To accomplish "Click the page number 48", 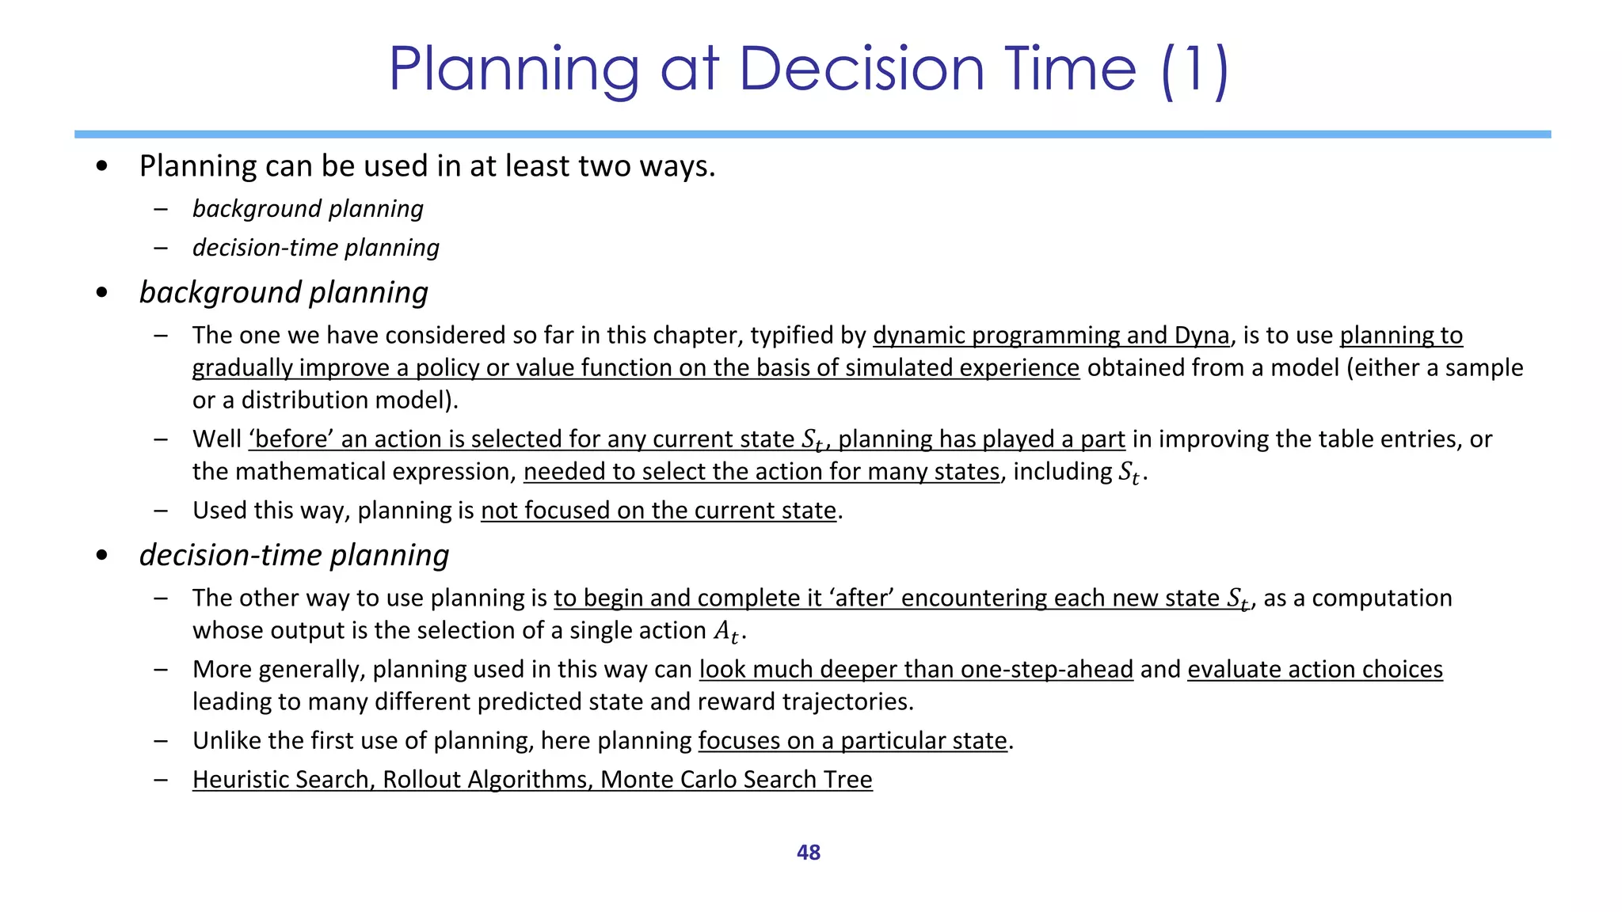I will (x=808, y=853).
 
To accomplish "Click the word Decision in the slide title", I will (x=861, y=70).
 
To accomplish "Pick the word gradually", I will (x=242, y=368).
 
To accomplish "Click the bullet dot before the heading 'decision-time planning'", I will (x=101, y=556).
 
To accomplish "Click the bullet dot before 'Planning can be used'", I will (x=101, y=166).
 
